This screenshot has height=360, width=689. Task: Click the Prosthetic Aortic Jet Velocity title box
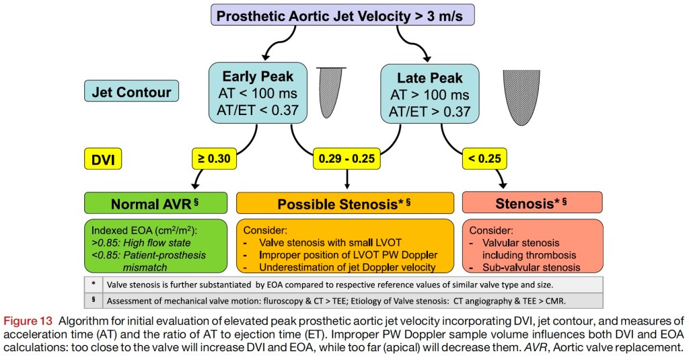(x=342, y=15)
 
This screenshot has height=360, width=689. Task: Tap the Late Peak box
(x=429, y=94)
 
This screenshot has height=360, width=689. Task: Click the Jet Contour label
(x=131, y=91)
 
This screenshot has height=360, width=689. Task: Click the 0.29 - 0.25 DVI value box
(x=347, y=159)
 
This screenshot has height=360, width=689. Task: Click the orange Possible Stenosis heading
(x=346, y=203)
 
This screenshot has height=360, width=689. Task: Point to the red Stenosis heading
(x=532, y=203)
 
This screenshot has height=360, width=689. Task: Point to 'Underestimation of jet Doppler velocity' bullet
(x=340, y=267)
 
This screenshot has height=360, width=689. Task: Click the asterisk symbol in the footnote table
(x=92, y=283)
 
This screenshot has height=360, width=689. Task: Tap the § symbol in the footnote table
(x=92, y=300)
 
